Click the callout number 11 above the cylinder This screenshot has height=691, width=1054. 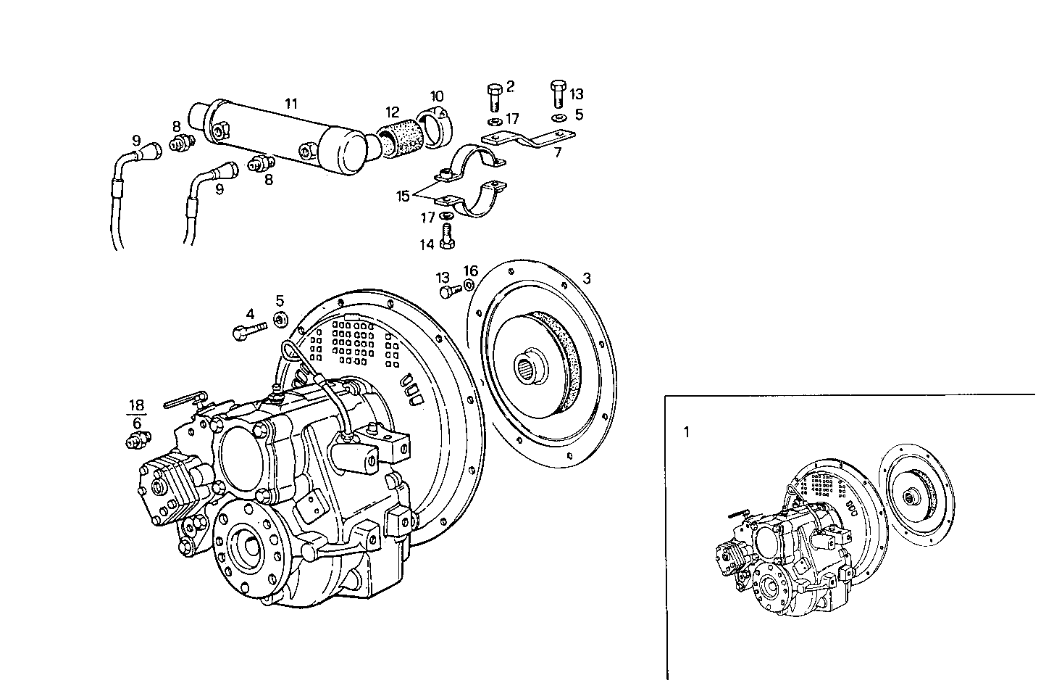tap(290, 103)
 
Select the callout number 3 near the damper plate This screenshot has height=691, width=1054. tap(587, 278)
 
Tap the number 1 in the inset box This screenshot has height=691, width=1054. tap(686, 432)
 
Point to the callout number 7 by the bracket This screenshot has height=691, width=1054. tap(557, 153)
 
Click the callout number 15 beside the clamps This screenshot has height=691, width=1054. tap(403, 196)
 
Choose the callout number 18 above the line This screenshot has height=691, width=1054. tap(137, 405)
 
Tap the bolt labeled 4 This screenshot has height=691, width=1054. tap(244, 332)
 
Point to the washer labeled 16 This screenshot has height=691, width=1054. tap(469, 285)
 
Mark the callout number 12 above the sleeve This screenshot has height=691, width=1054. tap(392, 112)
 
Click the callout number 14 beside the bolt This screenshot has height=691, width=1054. tap(427, 245)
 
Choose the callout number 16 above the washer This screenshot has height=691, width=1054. tap(471, 271)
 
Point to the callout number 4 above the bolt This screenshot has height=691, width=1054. tap(250, 314)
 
